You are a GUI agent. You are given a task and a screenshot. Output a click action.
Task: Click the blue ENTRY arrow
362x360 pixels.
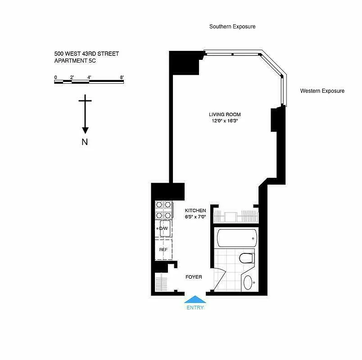(x=195, y=299)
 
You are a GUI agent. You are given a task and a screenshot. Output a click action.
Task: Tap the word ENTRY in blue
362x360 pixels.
(x=195, y=308)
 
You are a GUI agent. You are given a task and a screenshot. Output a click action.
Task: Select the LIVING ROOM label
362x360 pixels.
(x=225, y=114)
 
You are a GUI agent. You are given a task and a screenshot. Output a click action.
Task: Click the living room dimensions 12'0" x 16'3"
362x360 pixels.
(x=225, y=121)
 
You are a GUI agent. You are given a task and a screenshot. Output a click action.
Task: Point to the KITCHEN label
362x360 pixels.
(x=195, y=211)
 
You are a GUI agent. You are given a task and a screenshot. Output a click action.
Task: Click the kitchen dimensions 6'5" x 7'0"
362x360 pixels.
(x=195, y=217)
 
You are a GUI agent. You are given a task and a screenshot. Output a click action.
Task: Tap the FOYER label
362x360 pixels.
(x=194, y=277)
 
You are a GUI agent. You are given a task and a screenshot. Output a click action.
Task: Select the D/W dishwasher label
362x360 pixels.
(x=163, y=229)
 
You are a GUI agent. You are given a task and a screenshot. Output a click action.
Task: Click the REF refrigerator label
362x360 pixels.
(x=163, y=249)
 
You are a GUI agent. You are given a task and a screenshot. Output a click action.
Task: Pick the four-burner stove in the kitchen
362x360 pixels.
(x=164, y=210)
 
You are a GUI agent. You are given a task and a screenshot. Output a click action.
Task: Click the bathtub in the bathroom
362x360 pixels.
(x=236, y=237)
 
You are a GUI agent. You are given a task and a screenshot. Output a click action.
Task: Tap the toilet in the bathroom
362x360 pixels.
(x=247, y=258)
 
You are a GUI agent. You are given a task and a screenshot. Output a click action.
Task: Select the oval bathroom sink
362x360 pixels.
(x=248, y=283)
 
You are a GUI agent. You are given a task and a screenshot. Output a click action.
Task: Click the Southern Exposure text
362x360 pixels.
(x=232, y=27)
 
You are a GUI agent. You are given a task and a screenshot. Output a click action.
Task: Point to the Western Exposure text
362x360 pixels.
(x=322, y=91)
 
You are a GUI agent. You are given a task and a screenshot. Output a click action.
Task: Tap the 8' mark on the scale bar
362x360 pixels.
(x=122, y=77)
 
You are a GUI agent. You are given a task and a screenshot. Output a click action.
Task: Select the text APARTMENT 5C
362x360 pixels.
(x=75, y=61)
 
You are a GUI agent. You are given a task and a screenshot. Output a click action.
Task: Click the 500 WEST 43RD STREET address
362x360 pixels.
(x=86, y=54)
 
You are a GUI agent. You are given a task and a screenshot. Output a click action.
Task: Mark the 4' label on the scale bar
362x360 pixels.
(x=90, y=77)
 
